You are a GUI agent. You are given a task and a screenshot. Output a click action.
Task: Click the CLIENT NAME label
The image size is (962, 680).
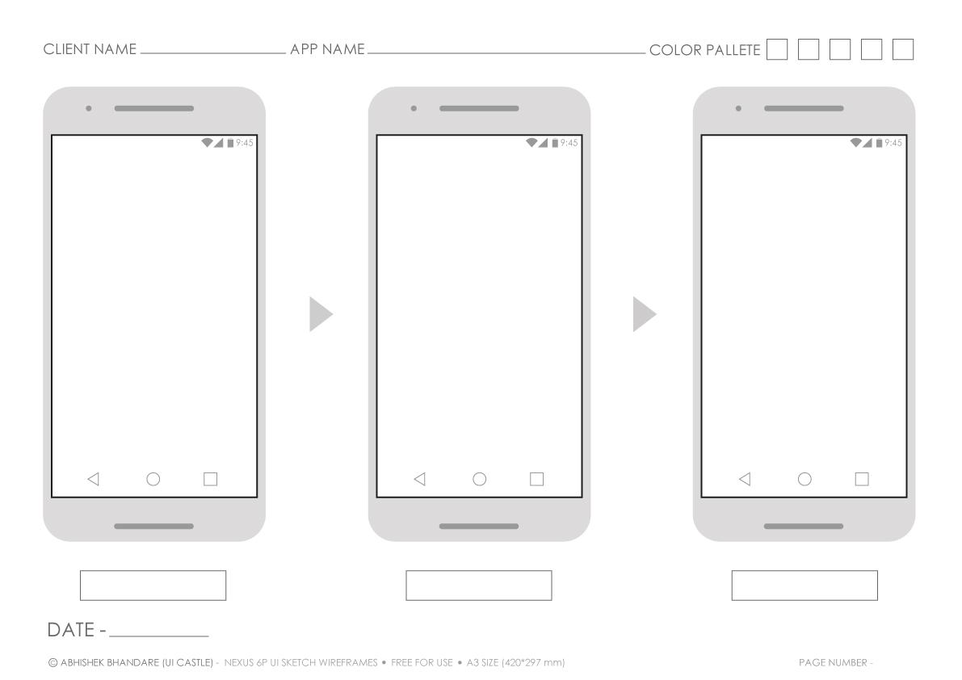90,50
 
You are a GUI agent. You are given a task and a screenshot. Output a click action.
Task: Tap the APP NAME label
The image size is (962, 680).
327,50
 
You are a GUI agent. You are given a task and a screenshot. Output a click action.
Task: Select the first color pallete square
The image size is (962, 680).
776,49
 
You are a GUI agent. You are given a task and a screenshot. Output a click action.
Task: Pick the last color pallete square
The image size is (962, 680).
902,49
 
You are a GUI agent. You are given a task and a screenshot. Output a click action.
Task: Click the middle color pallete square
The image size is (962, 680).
839,49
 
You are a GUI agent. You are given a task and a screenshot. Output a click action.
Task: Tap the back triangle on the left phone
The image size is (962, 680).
92,479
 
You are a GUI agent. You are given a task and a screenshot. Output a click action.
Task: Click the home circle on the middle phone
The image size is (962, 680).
479,479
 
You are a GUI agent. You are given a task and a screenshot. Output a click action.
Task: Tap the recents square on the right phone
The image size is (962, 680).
862,479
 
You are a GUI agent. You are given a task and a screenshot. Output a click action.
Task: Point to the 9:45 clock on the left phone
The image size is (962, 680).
244,143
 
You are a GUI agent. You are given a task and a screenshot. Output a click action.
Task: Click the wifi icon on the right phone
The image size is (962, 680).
856,143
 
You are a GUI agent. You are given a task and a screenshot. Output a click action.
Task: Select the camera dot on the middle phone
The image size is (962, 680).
414,108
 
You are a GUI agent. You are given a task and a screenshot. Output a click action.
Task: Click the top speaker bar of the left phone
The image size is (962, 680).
153,108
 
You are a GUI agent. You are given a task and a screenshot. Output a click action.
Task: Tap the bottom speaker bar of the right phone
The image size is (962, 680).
804,527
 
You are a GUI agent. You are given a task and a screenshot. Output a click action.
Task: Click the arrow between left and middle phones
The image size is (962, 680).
320,313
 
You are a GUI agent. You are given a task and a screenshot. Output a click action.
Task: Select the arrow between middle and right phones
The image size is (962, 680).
643,313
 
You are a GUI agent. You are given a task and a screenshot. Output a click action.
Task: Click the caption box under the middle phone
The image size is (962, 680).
478,586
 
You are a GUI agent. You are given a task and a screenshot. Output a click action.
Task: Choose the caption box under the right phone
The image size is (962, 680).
804,586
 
